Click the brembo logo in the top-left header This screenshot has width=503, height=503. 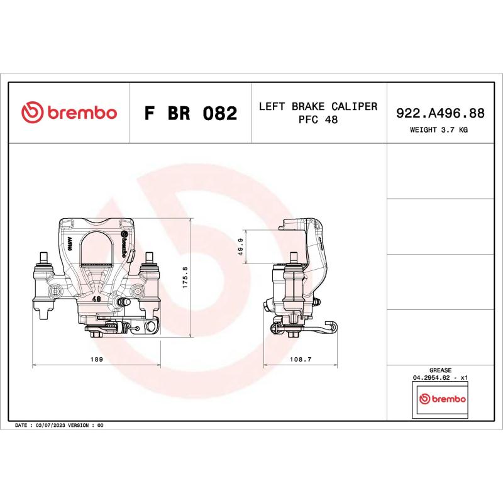tap(69, 113)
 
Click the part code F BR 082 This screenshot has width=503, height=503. tap(191, 114)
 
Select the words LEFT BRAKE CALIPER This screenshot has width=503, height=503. tap(318, 106)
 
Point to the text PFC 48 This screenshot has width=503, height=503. tap(318, 120)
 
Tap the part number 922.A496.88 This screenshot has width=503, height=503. tap(439, 113)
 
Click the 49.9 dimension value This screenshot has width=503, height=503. tap(240, 247)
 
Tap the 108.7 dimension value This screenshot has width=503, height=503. tap(300, 360)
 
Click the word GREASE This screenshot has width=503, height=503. tap(440, 371)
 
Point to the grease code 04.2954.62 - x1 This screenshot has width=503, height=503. tap(440, 378)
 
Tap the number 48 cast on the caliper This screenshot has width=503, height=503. tap(96, 300)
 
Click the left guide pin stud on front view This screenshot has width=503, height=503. tap(43, 258)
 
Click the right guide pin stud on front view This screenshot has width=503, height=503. tap(150, 258)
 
